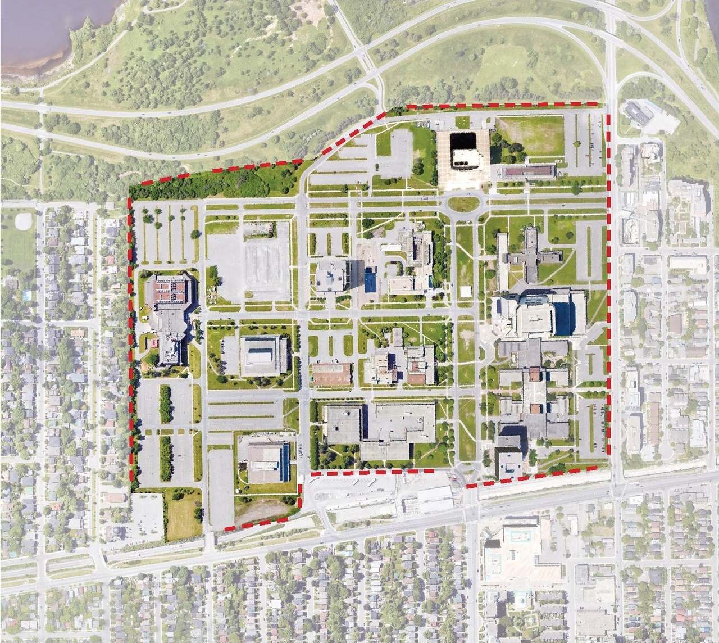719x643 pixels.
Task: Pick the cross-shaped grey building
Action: (x=530, y=256)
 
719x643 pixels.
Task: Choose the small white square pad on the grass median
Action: (x=465, y=291)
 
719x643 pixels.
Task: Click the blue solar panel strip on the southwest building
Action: (x=285, y=461)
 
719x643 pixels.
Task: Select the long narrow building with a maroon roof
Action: (x=527, y=171)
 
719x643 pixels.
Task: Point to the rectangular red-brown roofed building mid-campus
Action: (x=331, y=374)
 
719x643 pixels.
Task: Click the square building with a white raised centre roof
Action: (x=263, y=355)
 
